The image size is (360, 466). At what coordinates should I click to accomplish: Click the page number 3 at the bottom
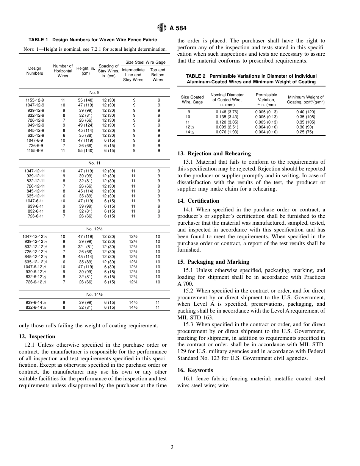172,447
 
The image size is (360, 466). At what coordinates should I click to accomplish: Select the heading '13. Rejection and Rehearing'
214,153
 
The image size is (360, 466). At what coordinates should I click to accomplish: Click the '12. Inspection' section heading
37,336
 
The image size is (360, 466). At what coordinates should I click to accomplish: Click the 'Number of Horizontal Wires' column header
63,71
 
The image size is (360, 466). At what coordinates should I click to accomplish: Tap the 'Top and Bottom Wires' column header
158,75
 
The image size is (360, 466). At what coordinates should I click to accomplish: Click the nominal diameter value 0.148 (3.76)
227,112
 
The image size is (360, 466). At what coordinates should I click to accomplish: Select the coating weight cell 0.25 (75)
305,132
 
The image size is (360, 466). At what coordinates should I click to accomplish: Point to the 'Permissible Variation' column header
266,100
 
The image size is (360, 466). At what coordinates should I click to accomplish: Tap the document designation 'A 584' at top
178,28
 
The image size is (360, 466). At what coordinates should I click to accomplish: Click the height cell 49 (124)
86,125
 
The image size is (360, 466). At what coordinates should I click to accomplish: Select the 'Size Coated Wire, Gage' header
192,100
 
